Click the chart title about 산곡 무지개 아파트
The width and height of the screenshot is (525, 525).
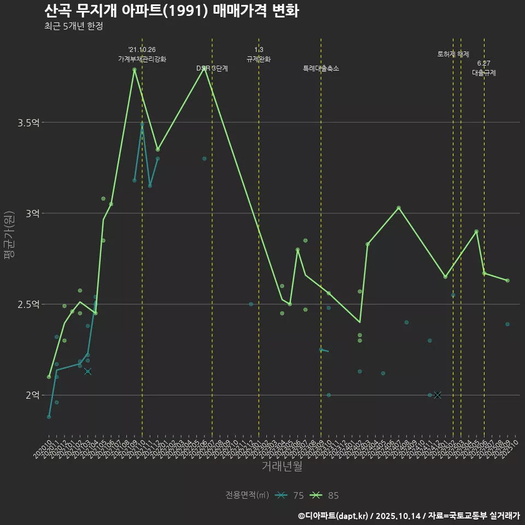coord(172,11)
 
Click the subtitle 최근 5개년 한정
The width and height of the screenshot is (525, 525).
coord(73,26)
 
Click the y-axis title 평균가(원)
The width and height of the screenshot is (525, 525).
coord(9,236)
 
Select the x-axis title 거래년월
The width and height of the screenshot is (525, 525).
coord(282,466)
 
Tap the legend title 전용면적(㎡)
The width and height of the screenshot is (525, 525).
coord(247,495)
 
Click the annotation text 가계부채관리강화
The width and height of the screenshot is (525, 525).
coord(142,59)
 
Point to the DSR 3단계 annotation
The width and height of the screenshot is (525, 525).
coord(212,68)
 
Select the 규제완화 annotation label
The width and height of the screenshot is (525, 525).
coord(259,59)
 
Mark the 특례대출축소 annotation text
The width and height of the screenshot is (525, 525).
coord(321,68)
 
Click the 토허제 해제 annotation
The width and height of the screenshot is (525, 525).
coord(453,54)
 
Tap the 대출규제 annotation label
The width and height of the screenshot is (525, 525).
coord(484,73)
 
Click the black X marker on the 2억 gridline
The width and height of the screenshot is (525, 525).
coord(437,395)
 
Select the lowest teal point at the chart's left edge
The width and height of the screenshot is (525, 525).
coord(49,417)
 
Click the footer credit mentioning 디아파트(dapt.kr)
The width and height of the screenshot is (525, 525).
coord(409,515)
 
